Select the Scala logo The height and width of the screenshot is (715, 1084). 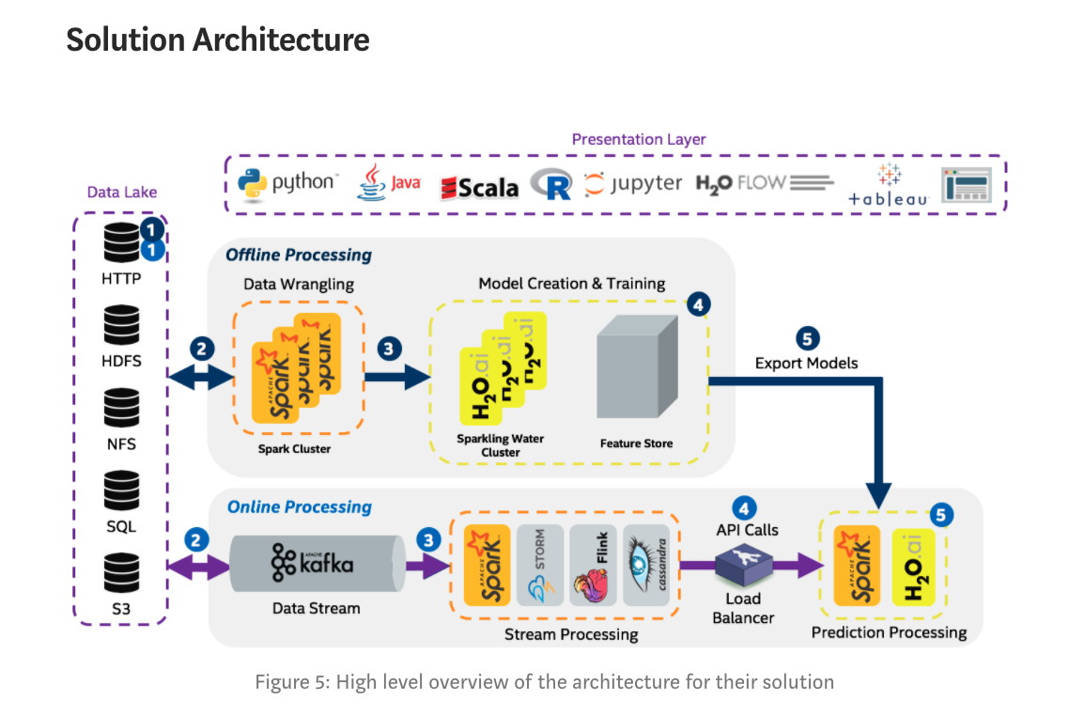pyautogui.click(x=479, y=186)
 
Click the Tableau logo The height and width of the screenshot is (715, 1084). pyautogui.click(x=888, y=185)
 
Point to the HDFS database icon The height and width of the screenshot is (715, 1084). pyautogui.click(x=121, y=326)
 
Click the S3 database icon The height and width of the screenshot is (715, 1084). pyautogui.click(x=121, y=573)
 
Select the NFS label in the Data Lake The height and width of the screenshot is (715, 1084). pyautogui.click(x=121, y=443)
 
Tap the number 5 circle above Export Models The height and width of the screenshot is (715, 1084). pyautogui.click(x=807, y=339)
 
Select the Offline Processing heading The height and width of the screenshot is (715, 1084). pyautogui.click(x=299, y=255)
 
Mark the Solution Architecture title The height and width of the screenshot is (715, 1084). pyautogui.click(x=218, y=39)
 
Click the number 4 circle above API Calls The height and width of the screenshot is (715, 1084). pyautogui.click(x=745, y=507)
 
